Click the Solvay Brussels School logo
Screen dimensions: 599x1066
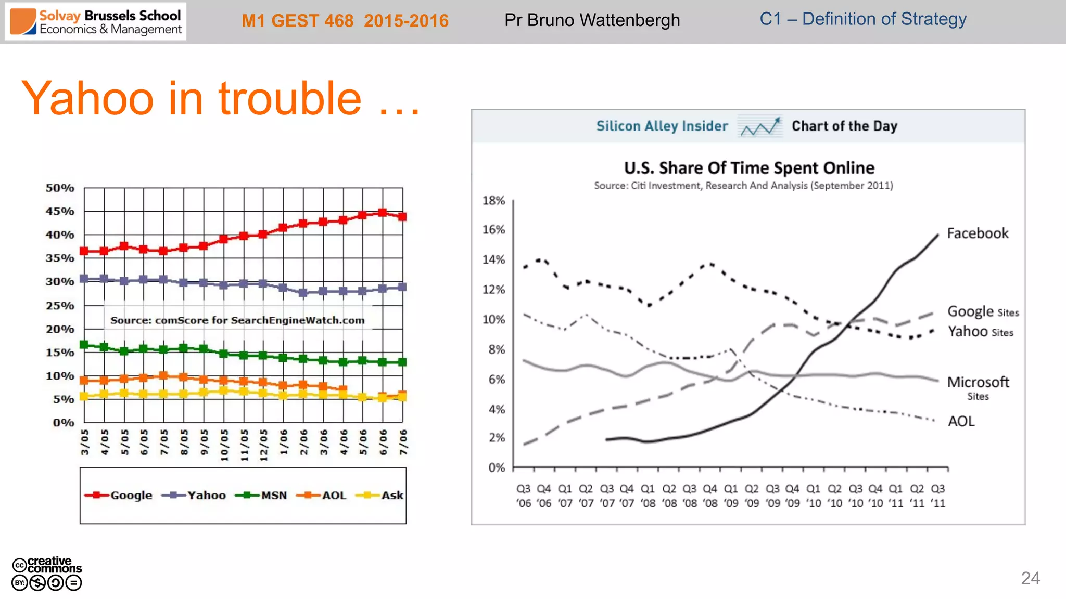click(x=96, y=22)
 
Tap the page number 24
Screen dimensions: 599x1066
click(x=1030, y=578)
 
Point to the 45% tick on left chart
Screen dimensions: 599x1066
click(x=60, y=212)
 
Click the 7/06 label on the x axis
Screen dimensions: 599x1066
click(x=403, y=442)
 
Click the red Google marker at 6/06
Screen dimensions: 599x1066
click(x=383, y=213)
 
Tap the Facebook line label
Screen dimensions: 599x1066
click(x=977, y=233)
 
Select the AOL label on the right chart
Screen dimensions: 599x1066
click(x=961, y=421)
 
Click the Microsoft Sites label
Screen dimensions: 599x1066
click(x=978, y=387)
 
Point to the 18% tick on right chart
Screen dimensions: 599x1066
click(x=493, y=201)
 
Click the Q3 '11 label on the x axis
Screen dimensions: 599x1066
click(x=937, y=496)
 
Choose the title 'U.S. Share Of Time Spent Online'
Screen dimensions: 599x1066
click(x=748, y=168)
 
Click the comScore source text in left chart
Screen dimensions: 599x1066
click(x=237, y=320)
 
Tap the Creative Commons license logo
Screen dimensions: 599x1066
click(x=47, y=574)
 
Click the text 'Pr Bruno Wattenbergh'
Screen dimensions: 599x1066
click(x=592, y=20)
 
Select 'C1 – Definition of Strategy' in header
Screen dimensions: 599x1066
click(x=862, y=19)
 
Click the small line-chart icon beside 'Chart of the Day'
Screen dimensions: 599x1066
click(x=760, y=126)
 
